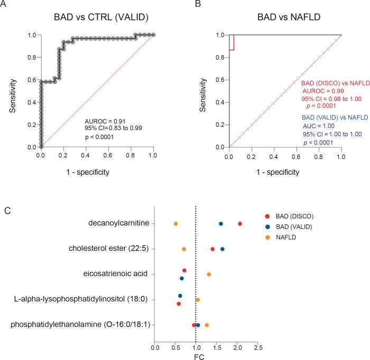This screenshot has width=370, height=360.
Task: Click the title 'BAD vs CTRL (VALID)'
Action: pyautogui.click(x=97, y=18)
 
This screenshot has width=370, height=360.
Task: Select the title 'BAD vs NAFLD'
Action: pyautogui.click(x=285, y=18)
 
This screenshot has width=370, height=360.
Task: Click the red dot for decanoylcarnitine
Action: pyautogui.click(x=240, y=224)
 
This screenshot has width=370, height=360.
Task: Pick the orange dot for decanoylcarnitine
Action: pyautogui.click(x=175, y=224)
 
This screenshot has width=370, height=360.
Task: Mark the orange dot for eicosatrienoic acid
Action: pyautogui.click(x=209, y=274)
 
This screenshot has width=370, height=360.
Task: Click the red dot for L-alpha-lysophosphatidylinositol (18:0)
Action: pyautogui.click(x=179, y=304)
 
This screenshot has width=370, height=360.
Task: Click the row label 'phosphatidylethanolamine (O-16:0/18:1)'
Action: pyautogui.click(x=79, y=325)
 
